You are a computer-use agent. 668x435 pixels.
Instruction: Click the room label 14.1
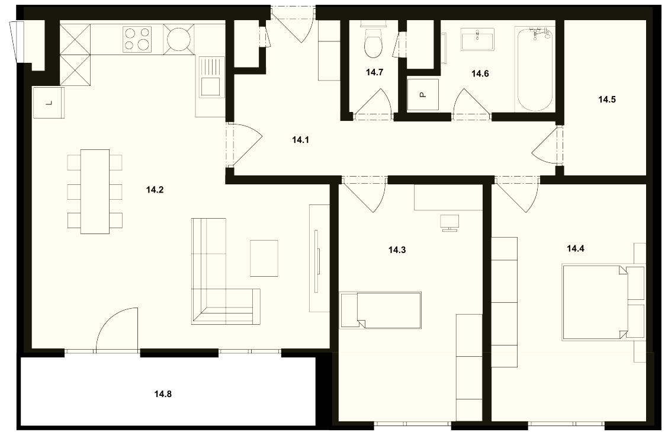pyautogui.click(x=300, y=139)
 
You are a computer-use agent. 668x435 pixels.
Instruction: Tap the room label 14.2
pyautogui.click(x=155, y=190)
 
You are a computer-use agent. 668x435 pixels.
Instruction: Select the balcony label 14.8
pyautogui.click(x=163, y=394)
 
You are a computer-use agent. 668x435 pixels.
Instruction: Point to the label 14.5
pyautogui.click(x=606, y=100)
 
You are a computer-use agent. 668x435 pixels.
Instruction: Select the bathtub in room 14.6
pyautogui.click(x=536, y=69)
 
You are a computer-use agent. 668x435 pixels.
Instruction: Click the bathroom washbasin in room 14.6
pyautogui.click(x=477, y=40)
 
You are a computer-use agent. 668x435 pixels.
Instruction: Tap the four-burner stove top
pyautogui.click(x=137, y=39)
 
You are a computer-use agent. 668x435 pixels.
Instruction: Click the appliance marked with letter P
pyautogui.click(x=423, y=94)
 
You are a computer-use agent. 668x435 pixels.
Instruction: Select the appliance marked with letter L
pyautogui.click(x=48, y=103)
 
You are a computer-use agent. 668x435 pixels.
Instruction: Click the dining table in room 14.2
pyautogui.click(x=95, y=191)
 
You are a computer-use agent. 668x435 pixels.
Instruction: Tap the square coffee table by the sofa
pyautogui.click(x=264, y=258)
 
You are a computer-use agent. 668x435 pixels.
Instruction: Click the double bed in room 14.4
pyautogui.click(x=595, y=302)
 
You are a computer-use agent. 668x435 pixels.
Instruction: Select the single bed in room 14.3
pyautogui.click(x=380, y=310)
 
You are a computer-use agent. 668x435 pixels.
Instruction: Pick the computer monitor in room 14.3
pyautogui.click(x=449, y=223)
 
